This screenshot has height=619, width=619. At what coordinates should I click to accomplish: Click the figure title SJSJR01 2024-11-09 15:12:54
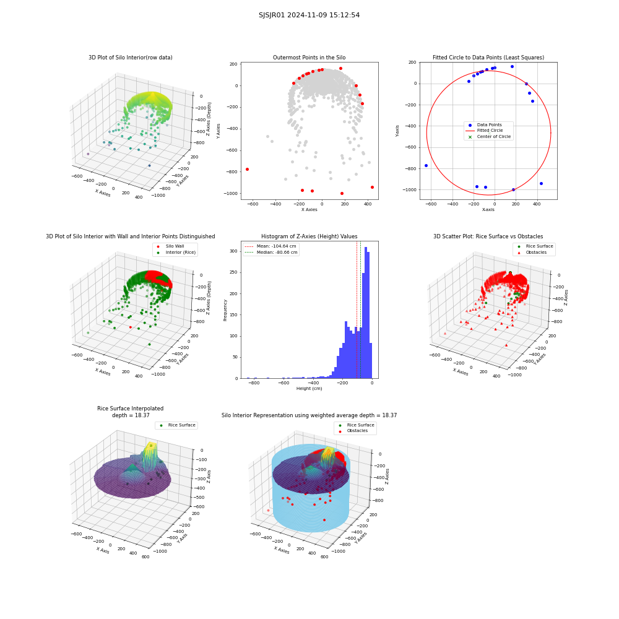(309, 15)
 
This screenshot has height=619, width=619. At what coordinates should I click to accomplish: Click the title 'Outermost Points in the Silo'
(309, 58)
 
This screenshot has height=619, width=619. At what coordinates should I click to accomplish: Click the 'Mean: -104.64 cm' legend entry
(271, 246)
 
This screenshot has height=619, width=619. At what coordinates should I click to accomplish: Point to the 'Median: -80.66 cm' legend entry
(271, 253)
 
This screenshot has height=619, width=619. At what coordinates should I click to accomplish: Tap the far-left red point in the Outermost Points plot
(247, 170)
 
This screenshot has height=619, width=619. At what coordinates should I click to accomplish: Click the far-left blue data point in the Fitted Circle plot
(426, 166)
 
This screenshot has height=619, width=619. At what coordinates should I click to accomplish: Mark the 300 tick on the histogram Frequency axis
(234, 251)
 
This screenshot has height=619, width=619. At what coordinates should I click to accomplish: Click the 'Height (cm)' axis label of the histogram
(309, 389)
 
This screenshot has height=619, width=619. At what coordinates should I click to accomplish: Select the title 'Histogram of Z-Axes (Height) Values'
(309, 236)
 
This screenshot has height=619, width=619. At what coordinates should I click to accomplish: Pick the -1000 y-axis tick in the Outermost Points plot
(231, 193)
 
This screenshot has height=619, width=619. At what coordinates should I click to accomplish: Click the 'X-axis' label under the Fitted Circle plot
(488, 210)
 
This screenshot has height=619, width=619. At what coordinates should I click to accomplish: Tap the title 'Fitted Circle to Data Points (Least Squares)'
(488, 58)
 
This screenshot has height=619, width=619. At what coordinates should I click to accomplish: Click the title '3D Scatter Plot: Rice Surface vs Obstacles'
(488, 236)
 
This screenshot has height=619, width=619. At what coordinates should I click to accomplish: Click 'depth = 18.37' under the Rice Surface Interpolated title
(131, 415)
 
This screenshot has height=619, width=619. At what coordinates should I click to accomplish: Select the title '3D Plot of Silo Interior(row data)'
(130, 58)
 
